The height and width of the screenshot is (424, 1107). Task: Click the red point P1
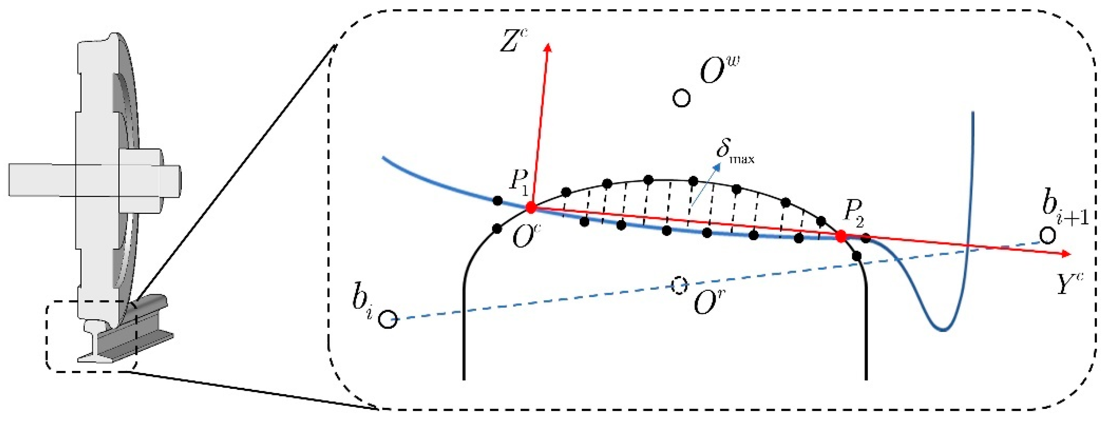(531, 208)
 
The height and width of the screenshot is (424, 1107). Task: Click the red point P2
(841, 236)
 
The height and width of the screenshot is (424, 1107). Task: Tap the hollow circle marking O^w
(681, 98)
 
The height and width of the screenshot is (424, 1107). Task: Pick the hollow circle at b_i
(388, 320)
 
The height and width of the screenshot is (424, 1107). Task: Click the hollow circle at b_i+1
(1047, 236)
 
